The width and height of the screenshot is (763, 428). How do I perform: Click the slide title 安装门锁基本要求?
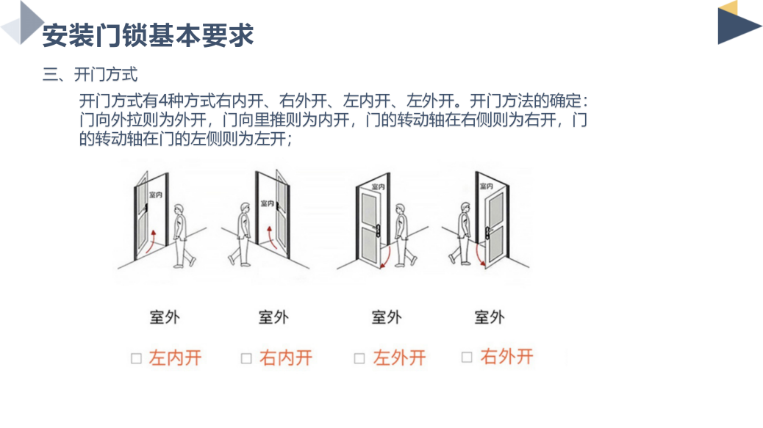click(x=148, y=35)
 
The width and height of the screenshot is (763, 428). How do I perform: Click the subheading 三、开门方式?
click(x=90, y=74)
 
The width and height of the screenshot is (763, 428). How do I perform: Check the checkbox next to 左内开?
click(x=136, y=358)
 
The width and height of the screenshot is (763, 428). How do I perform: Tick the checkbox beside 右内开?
click(x=247, y=358)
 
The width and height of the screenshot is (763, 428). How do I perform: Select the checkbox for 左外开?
click(x=359, y=358)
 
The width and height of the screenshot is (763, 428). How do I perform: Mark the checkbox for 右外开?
click(x=467, y=358)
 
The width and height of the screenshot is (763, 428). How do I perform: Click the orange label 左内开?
click(x=175, y=358)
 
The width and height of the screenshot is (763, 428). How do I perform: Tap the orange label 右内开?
click(x=286, y=358)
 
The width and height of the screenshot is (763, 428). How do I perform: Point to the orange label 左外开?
click(x=399, y=358)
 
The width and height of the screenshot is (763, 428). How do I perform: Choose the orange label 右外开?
click(x=506, y=357)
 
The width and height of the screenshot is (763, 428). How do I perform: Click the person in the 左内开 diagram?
click(x=182, y=234)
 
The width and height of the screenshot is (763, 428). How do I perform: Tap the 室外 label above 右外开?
click(x=490, y=318)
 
